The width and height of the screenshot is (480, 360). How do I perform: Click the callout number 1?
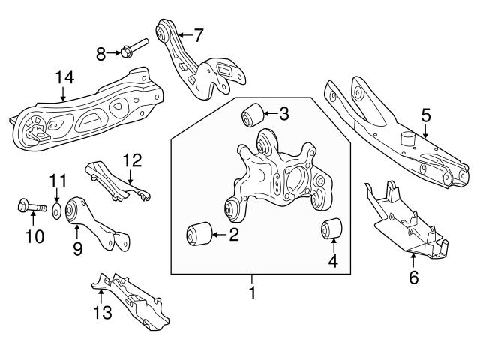coord(252,292)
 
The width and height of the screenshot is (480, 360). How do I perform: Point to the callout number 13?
coord(100,312)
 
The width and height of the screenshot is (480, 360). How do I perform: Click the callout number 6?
coord(413,277)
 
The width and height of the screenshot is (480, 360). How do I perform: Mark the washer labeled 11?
coord(57,205)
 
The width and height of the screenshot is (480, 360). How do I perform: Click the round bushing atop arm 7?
coord(161,32)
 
